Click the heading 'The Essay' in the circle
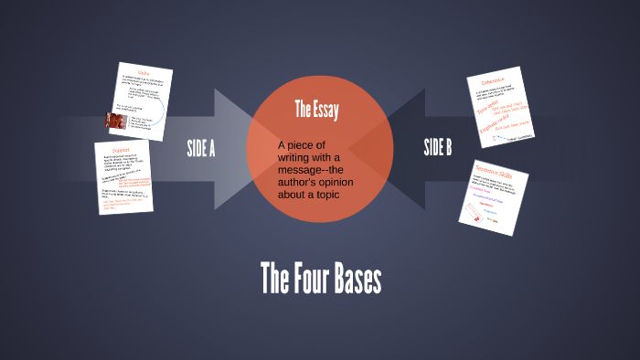click(316, 111)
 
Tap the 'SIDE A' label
click(200, 148)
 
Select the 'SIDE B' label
click(438, 148)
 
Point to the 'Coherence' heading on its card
click(493, 81)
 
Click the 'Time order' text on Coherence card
click(490, 107)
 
